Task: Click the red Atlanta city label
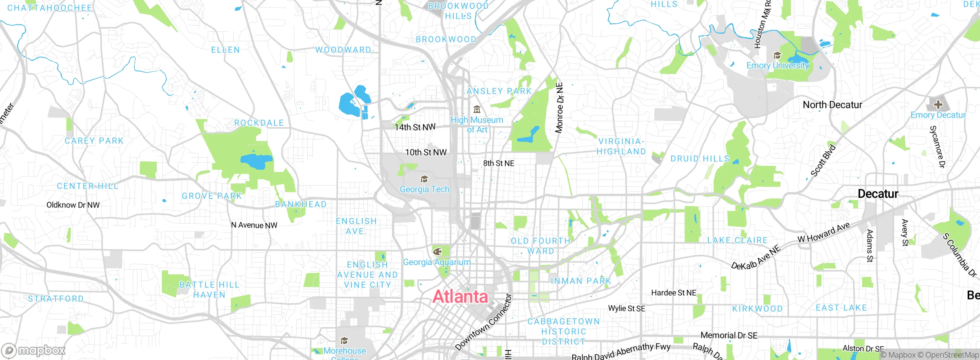pyautogui.click(x=460, y=297)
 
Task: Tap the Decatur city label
pyautogui.click(x=878, y=194)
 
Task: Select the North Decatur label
pyautogui.click(x=832, y=105)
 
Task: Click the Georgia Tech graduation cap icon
pyautogui.click(x=424, y=179)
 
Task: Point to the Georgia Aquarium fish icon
pyautogui.click(x=437, y=252)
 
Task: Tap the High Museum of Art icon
pyautogui.click(x=477, y=110)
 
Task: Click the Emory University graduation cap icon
pyautogui.click(x=777, y=56)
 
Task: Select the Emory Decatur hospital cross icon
pyautogui.click(x=938, y=104)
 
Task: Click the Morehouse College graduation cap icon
pyautogui.click(x=344, y=340)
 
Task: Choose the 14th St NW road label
pyautogui.click(x=415, y=127)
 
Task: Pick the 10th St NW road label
pyautogui.click(x=426, y=152)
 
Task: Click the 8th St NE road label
pyautogui.click(x=498, y=163)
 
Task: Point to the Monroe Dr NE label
pyautogui.click(x=559, y=108)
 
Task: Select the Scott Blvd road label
pyautogui.click(x=823, y=160)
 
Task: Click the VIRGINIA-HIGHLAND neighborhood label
pyautogui.click(x=621, y=146)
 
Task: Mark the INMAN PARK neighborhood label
pyautogui.click(x=581, y=281)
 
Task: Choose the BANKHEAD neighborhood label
pyautogui.click(x=301, y=204)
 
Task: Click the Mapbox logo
pyautogui.click(x=34, y=350)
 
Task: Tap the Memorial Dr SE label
pyautogui.click(x=729, y=335)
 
